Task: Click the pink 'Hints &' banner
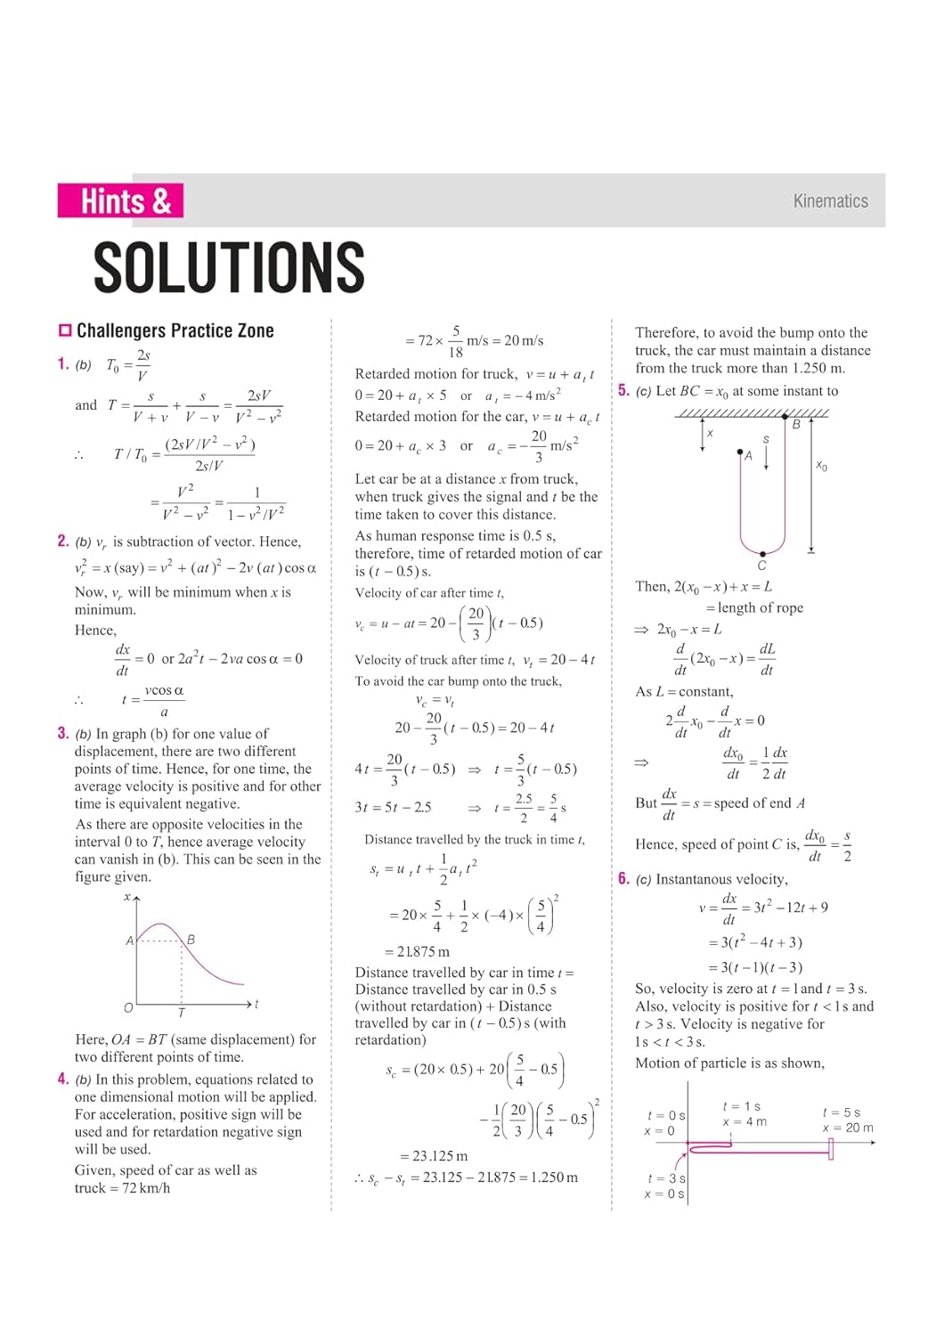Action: coord(120,201)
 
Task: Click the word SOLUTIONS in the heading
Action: coord(229,267)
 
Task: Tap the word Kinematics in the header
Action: coord(830,201)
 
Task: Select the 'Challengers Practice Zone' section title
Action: coord(175,330)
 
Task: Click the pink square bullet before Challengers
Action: coord(65,330)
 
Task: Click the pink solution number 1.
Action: coord(62,363)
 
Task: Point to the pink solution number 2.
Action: coord(62,541)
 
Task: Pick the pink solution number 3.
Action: coord(62,733)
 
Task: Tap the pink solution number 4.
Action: coord(62,1079)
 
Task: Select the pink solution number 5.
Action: coord(623,390)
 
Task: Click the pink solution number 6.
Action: coord(623,878)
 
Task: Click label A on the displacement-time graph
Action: coord(130,941)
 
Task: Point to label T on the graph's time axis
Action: coord(182,1013)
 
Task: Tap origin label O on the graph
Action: coord(128,1007)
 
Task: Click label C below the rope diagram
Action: coord(761,566)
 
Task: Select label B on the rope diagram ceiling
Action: coord(796,425)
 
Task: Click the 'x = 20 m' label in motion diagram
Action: coord(847,1128)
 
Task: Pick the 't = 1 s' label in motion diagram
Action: coord(742,1106)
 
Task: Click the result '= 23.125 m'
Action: coord(434,1155)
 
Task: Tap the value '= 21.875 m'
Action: coord(417,951)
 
